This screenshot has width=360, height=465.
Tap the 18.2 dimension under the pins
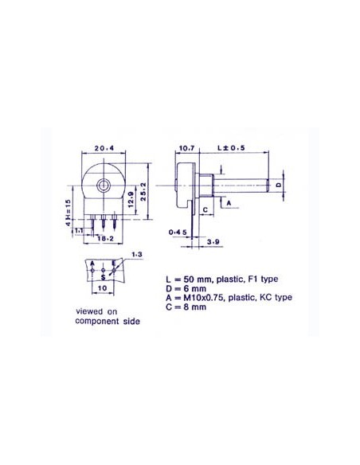click(x=104, y=238)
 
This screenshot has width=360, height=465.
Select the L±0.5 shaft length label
click(x=232, y=147)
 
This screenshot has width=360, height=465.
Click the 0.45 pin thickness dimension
click(x=179, y=232)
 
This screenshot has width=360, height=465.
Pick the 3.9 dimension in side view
click(x=213, y=240)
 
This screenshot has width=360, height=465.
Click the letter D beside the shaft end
click(x=278, y=185)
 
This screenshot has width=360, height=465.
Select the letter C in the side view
click(x=205, y=209)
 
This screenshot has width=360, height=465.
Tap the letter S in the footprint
click(x=103, y=275)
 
